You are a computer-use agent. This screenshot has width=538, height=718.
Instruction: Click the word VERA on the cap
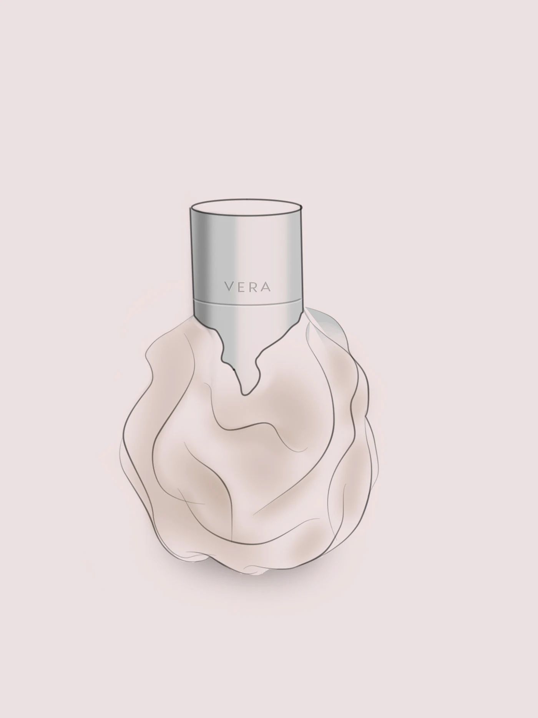click(248, 287)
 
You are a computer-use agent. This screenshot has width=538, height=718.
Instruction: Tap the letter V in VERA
click(228, 287)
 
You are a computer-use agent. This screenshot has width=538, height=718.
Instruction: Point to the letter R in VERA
click(254, 287)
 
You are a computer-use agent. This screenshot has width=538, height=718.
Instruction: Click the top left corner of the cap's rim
click(191, 208)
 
